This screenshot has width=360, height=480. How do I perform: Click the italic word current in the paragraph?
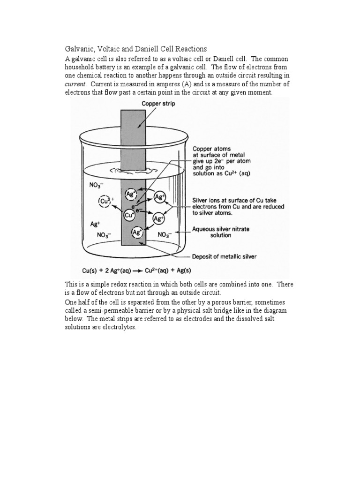(x=75, y=84)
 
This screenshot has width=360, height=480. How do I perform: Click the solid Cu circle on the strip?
(x=130, y=215)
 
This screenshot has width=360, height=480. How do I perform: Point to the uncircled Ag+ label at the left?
(x=96, y=224)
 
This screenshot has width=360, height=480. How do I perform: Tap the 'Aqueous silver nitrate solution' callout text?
(x=221, y=232)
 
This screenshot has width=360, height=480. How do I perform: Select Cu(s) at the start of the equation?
(x=91, y=270)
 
